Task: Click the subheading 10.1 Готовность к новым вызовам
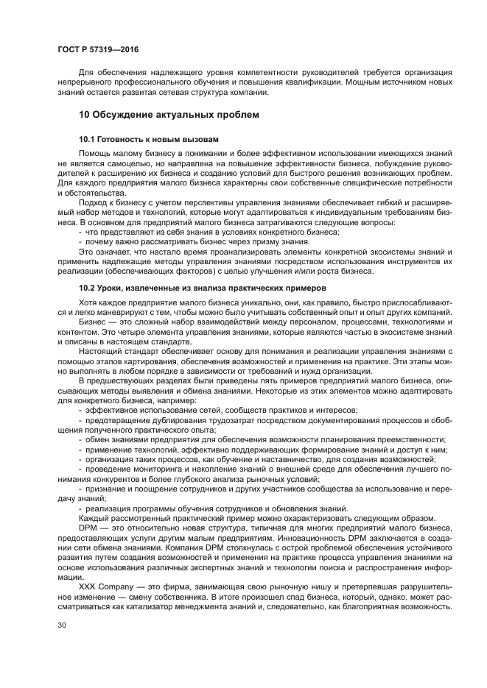147,139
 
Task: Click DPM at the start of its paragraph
88,526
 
